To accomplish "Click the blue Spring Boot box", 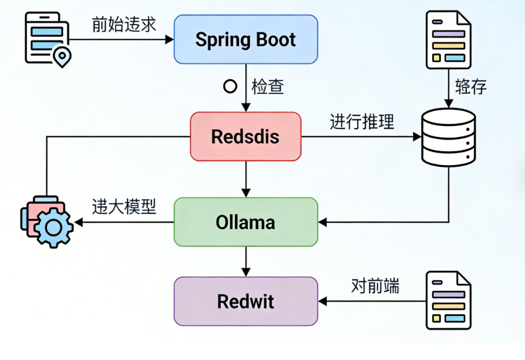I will tap(245, 40).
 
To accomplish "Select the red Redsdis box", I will tap(245, 136).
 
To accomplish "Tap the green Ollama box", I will tap(245, 222).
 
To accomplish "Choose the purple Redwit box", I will tap(245, 301).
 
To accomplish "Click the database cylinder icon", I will tap(448, 137).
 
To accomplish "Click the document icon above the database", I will tap(448, 38).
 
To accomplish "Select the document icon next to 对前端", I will tap(448, 300).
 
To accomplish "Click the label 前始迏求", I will tap(124, 24).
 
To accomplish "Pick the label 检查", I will tap(268, 87).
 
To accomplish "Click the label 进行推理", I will tap(362, 122).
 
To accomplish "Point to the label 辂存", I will tap(471, 87).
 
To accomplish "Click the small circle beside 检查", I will tap(230, 87).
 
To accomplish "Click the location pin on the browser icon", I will tap(61, 57).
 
